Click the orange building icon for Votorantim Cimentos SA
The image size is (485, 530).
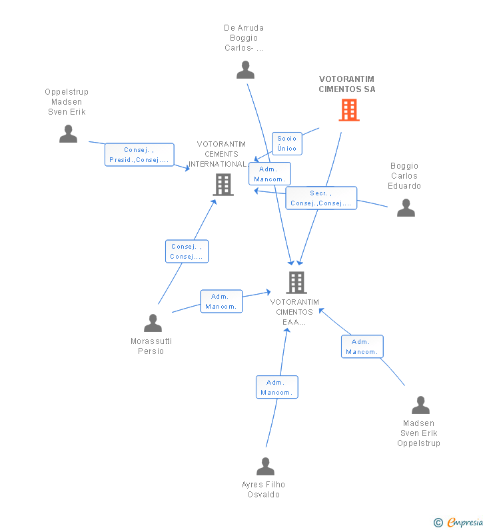coord(349,110)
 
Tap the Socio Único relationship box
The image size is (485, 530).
coord(286,143)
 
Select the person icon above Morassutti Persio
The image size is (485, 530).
coord(153,323)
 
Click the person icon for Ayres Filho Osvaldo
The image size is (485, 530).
coord(265,466)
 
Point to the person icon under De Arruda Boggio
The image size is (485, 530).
coord(245,69)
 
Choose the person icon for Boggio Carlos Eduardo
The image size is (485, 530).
coord(406,207)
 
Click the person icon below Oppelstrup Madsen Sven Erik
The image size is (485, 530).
coord(68,133)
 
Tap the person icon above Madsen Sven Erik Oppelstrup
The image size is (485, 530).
coord(420,405)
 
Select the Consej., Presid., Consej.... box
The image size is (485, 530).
coord(139,155)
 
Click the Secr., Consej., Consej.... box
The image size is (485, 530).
coord(321,198)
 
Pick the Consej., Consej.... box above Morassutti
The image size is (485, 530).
coord(187,251)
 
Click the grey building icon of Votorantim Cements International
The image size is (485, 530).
coord(223,185)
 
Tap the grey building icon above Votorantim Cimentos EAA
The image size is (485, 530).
coord(296,283)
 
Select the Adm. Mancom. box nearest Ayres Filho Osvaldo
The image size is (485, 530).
coord(277,387)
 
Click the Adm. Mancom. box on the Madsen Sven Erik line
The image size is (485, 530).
coord(362,347)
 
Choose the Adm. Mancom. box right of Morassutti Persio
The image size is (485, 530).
coord(221,301)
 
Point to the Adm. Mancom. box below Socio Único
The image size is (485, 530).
coord(270,174)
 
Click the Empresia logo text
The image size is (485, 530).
coord(465,522)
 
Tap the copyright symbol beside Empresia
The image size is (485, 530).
coord(438,523)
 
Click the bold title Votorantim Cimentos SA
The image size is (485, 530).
coord(347,84)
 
